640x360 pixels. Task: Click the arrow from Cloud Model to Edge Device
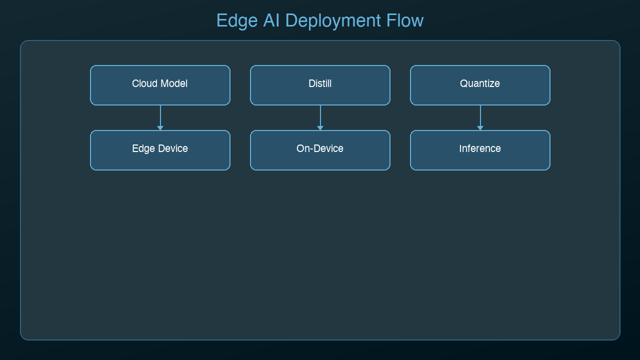tap(160, 117)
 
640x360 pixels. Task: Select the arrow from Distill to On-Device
tap(320, 117)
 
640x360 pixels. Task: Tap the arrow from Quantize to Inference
tap(480, 117)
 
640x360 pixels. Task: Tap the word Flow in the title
tap(405, 21)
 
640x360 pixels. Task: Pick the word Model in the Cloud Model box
tap(173, 83)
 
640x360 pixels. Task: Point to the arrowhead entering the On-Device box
tap(320, 128)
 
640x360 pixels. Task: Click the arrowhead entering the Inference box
tap(480, 128)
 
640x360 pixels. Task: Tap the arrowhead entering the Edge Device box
tap(160, 128)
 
